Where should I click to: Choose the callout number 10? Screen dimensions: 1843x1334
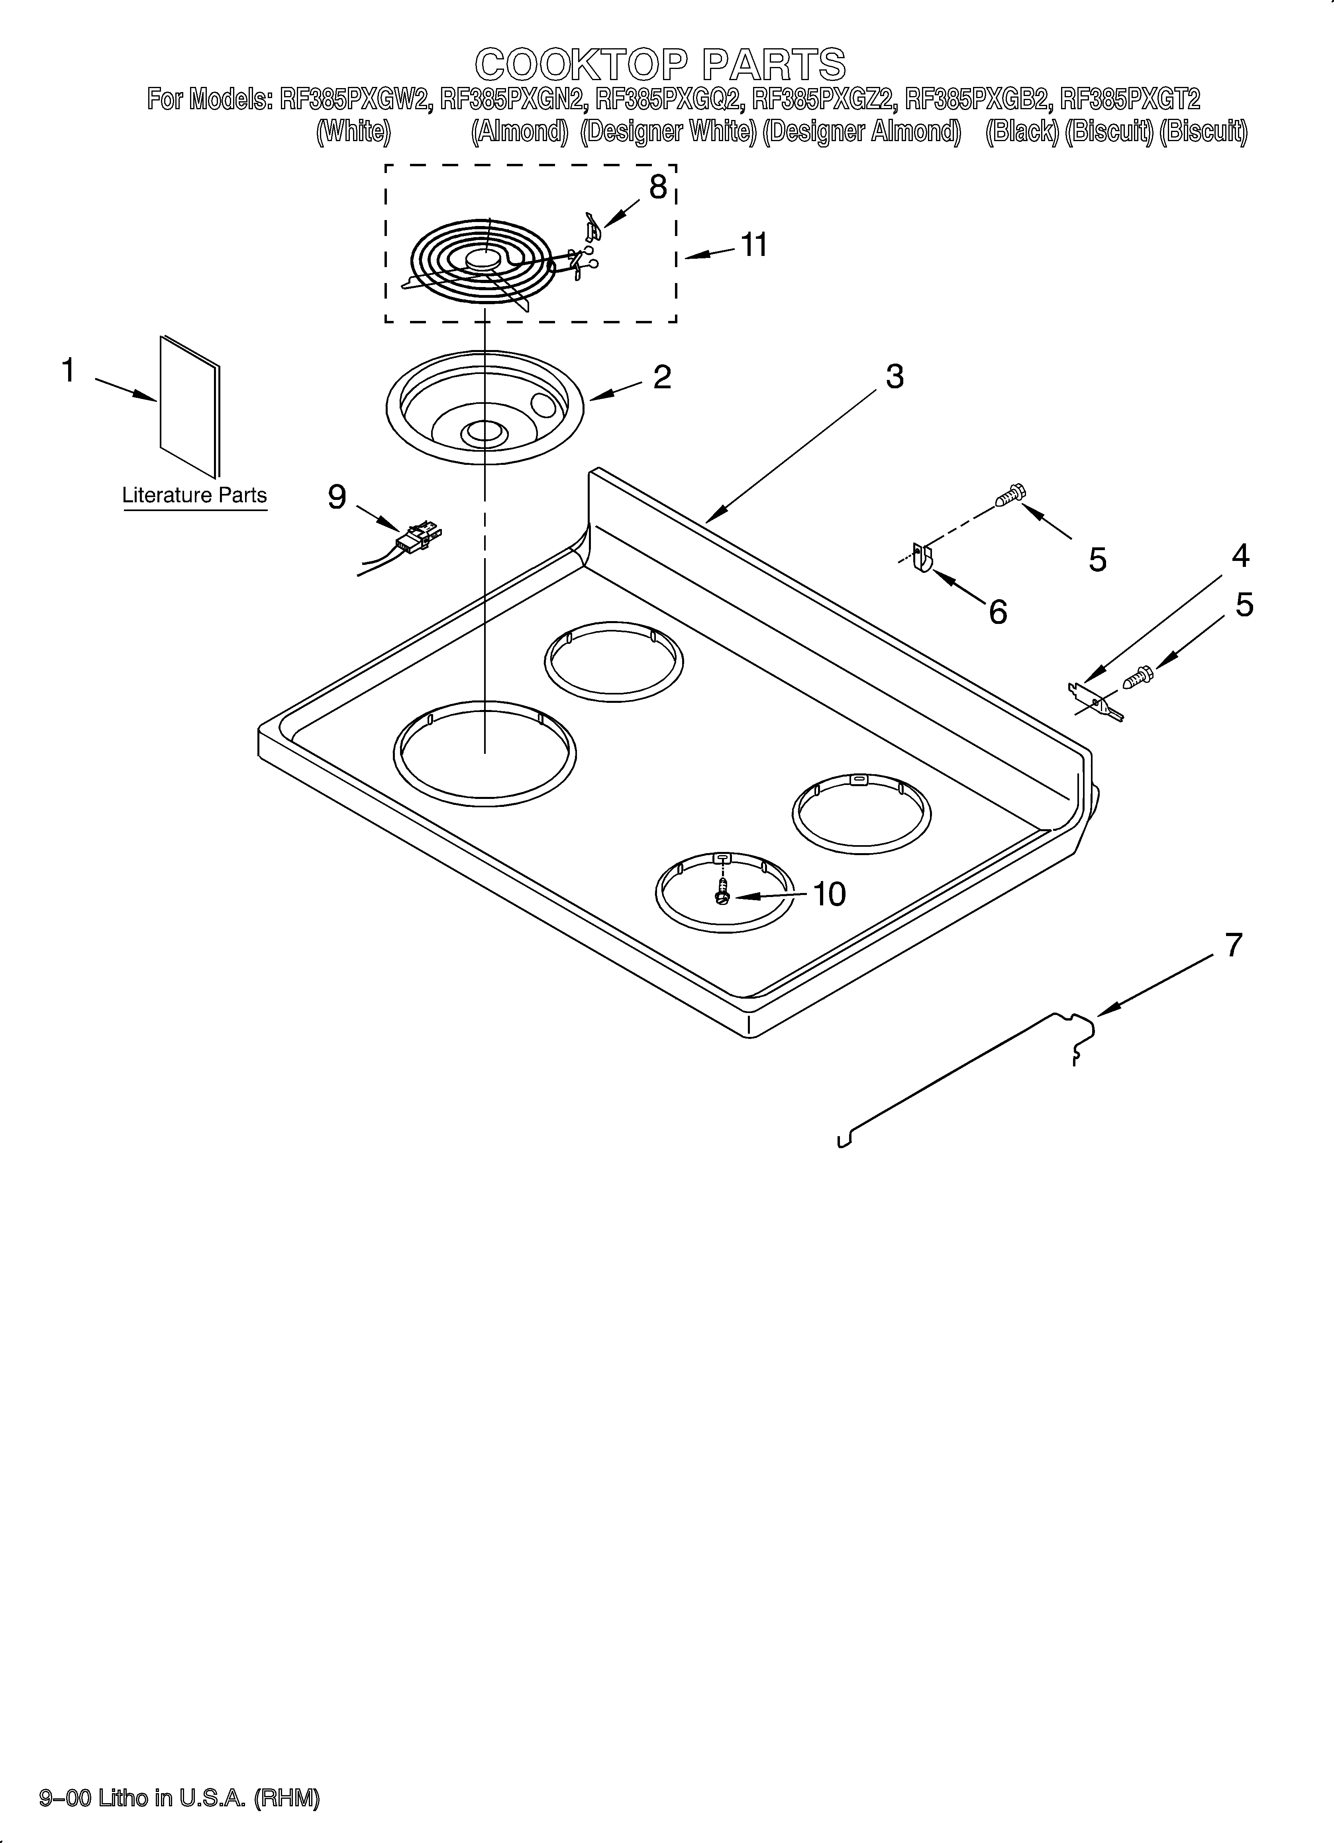pyautogui.click(x=829, y=894)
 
